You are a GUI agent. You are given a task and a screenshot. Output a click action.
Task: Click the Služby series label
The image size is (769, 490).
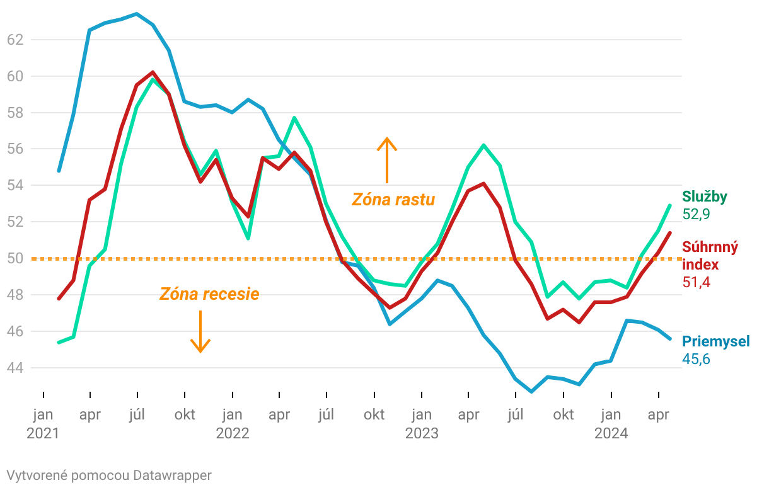pyautogui.click(x=705, y=197)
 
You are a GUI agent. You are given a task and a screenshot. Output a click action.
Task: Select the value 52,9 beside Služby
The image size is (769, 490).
pyautogui.click(x=696, y=215)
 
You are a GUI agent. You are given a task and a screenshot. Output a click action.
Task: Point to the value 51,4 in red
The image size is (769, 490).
pyautogui.click(x=696, y=282)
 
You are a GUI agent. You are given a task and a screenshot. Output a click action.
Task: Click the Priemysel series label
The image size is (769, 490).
pyautogui.click(x=716, y=341)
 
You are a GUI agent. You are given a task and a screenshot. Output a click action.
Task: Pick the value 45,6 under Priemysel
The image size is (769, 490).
pyautogui.click(x=696, y=359)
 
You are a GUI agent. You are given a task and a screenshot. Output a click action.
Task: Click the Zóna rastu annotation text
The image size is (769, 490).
pyautogui.click(x=393, y=200)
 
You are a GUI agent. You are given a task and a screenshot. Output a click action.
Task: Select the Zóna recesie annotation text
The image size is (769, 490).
pyautogui.click(x=209, y=294)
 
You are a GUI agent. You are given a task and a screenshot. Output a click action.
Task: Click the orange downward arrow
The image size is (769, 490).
pyautogui.click(x=200, y=331)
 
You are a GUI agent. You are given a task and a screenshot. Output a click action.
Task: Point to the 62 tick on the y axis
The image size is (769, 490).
pyautogui.click(x=14, y=40)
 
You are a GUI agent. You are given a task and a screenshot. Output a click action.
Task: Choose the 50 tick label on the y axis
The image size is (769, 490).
pyautogui.click(x=14, y=258)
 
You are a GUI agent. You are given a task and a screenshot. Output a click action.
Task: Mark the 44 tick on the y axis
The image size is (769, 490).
pyautogui.click(x=14, y=368)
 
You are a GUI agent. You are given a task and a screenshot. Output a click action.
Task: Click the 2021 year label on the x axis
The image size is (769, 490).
pyautogui.click(x=43, y=433)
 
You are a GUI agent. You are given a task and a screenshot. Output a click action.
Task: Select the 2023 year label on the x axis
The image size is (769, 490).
pyautogui.click(x=422, y=433)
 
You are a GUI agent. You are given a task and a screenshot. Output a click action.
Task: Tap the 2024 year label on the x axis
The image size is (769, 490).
pyautogui.click(x=611, y=433)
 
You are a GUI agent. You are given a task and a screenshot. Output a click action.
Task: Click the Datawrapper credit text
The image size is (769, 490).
pyautogui.click(x=109, y=475)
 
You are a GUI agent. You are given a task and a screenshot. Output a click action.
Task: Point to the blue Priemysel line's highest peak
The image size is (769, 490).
pyautogui.click(x=137, y=13)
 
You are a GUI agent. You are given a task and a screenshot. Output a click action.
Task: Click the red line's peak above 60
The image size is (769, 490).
pyautogui.click(x=153, y=72)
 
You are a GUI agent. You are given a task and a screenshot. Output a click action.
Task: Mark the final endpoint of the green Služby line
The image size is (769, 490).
pyautogui.click(x=669, y=205)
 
